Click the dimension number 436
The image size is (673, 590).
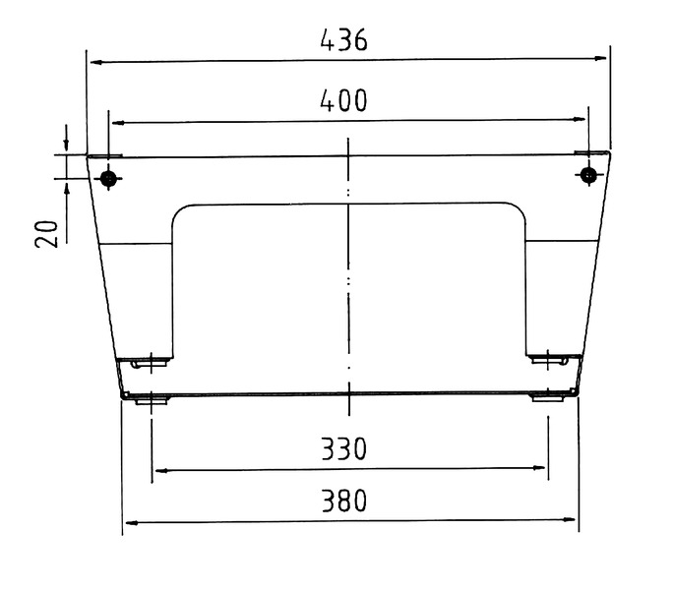tap(343, 40)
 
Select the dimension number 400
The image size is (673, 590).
tap(343, 100)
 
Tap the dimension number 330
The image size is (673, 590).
tap(343, 448)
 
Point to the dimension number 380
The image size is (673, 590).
tap(344, 501)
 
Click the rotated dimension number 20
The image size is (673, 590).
tap(46, 234)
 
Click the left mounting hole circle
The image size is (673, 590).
tap(108, 177)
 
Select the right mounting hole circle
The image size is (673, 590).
tap(588, 175)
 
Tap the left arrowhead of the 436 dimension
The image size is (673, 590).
tap(96, 63)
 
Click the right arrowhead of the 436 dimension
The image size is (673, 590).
tap(600, 58)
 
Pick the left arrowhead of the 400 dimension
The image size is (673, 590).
tap(118, 123)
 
